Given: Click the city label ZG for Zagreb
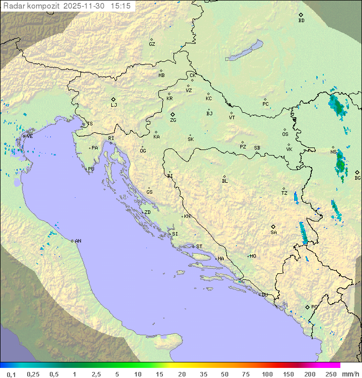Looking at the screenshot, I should (173, 120).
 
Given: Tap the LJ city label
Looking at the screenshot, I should (114, 105).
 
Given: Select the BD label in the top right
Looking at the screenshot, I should (301, 21).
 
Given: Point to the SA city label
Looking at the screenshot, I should (274, 232).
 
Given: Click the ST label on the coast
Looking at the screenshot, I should (199, 247).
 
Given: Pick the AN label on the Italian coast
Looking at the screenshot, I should (78, 241).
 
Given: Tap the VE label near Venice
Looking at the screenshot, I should (30, 136).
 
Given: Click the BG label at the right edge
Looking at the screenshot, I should (357, 178).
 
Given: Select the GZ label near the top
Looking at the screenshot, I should (152, 44).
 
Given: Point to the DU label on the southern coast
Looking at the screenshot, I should (264, 295).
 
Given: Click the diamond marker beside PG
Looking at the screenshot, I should (307, 307).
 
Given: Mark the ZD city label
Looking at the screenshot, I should (147, 212).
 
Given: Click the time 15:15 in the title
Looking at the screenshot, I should (121, 6).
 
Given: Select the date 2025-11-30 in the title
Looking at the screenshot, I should (85, 6).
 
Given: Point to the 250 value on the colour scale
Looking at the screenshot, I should (330, 374).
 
